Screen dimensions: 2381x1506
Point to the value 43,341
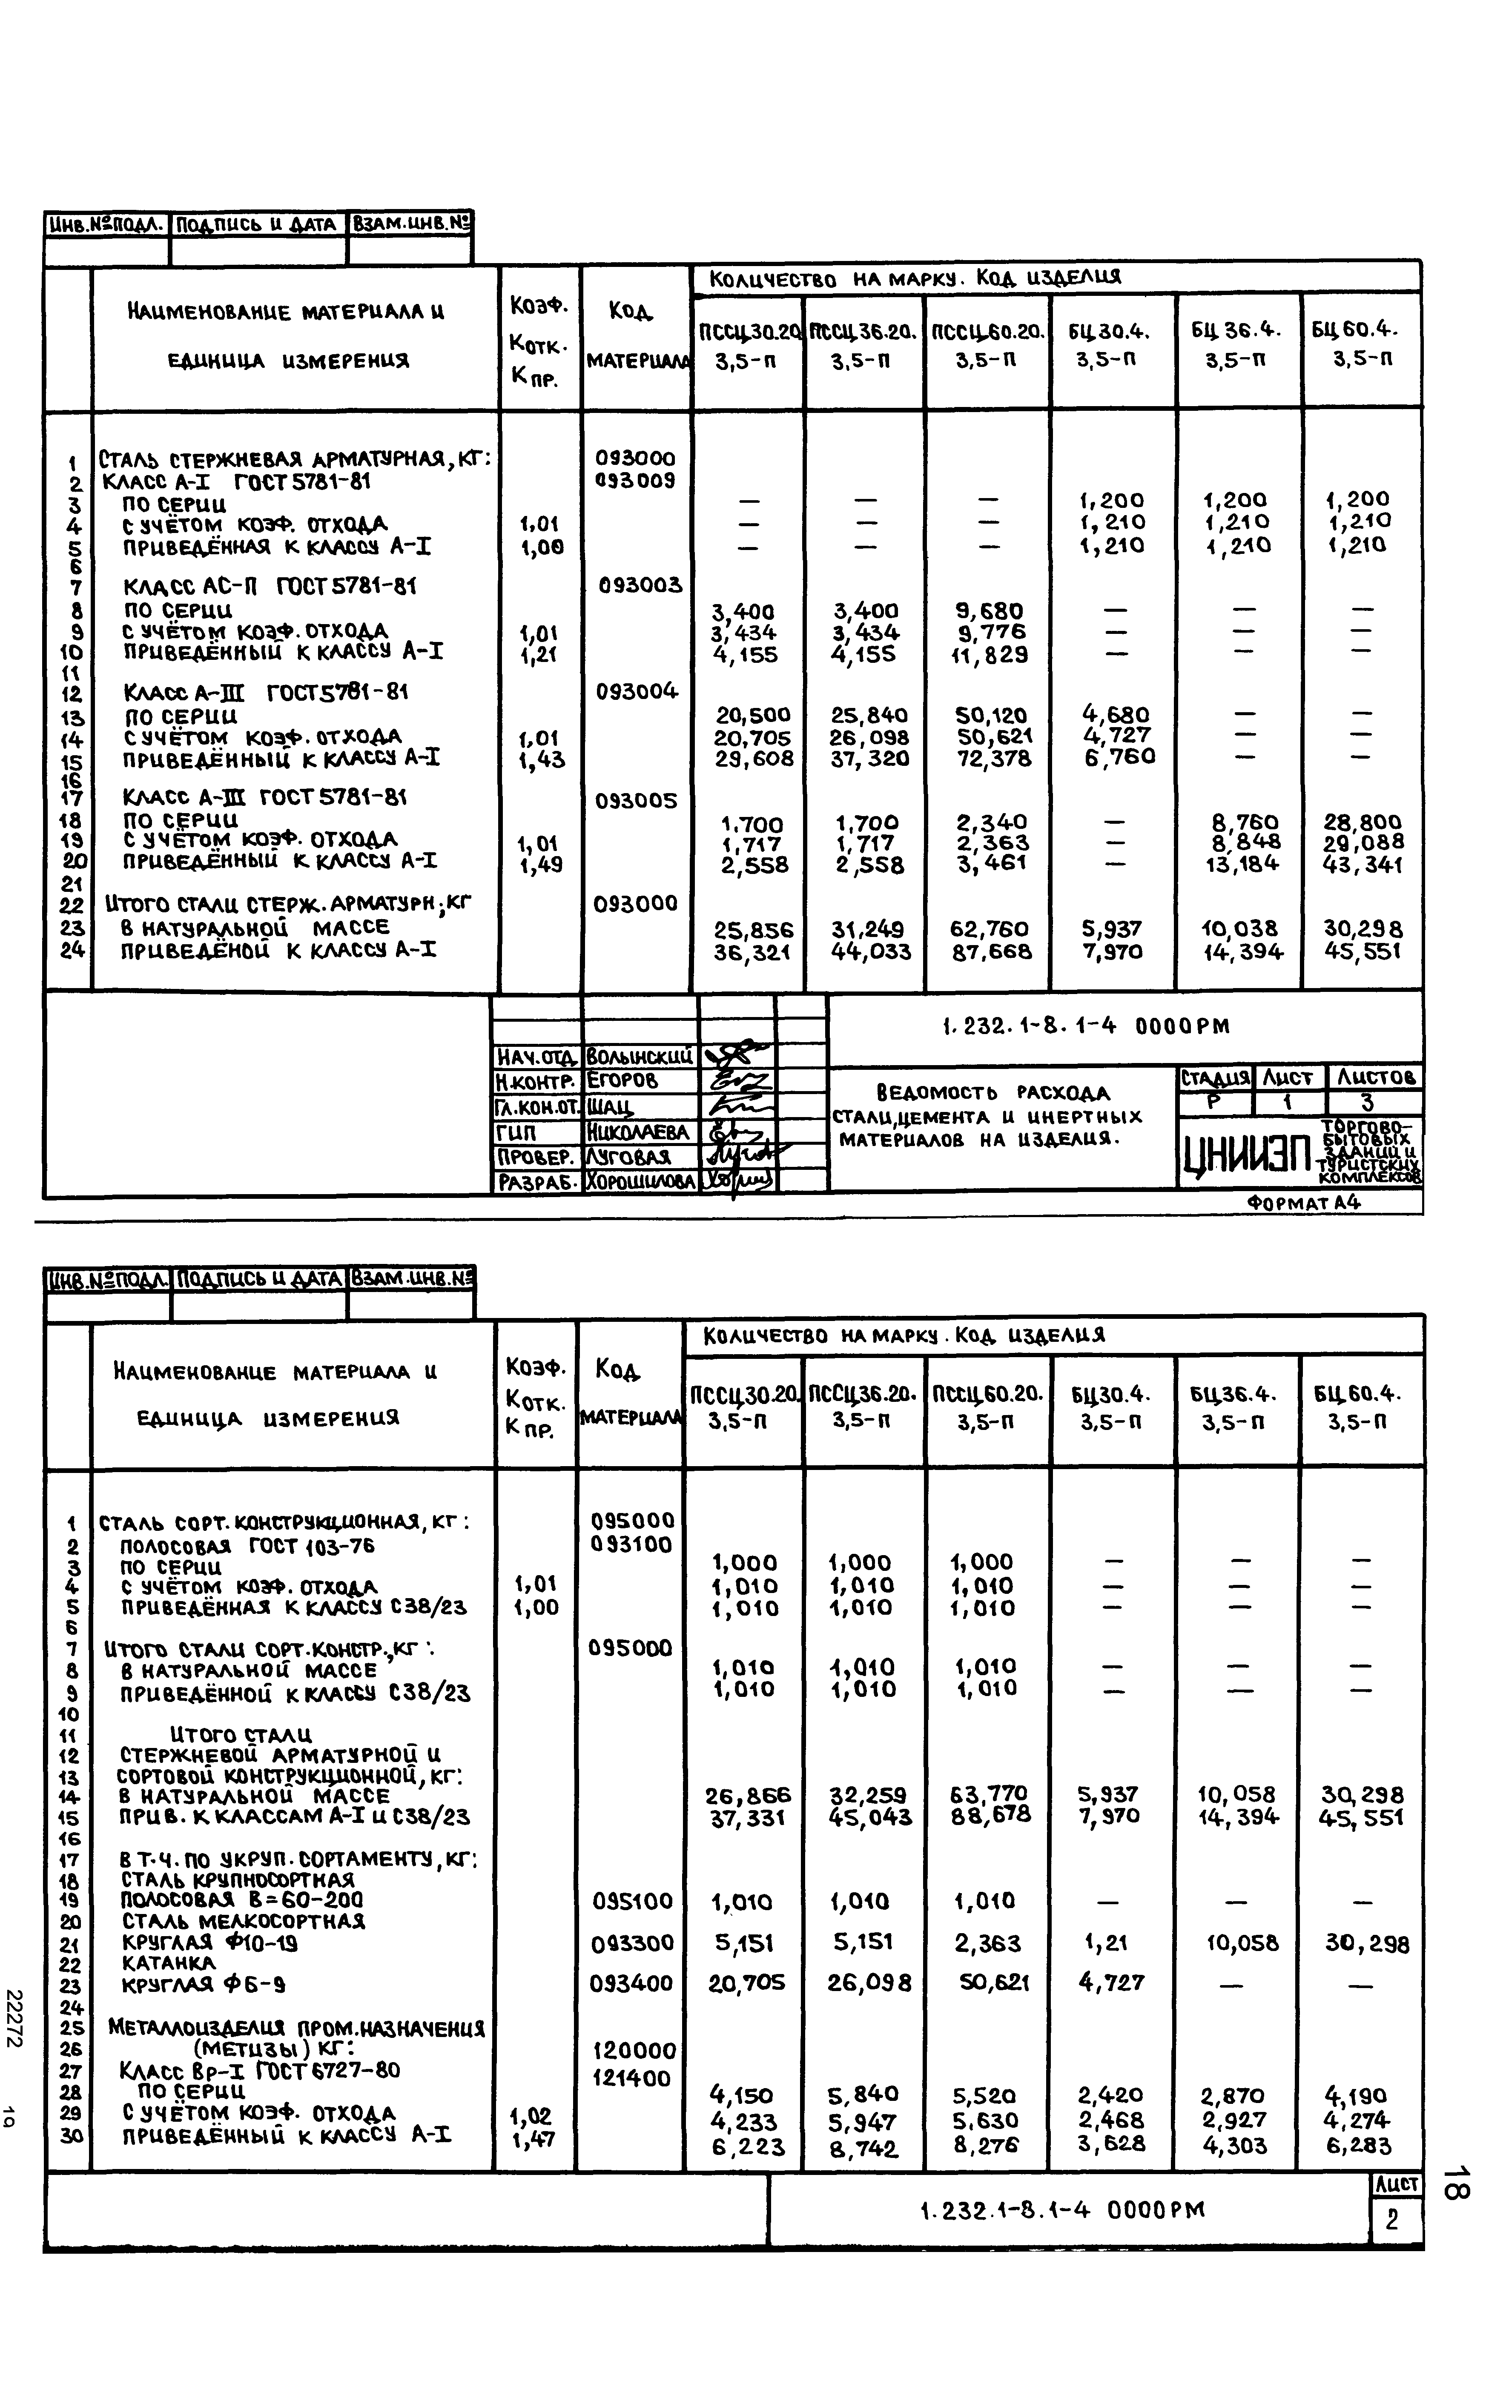1363,865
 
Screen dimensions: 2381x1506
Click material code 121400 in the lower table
633,2078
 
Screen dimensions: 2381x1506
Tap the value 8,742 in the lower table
864,2148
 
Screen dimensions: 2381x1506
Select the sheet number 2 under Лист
1392,2219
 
